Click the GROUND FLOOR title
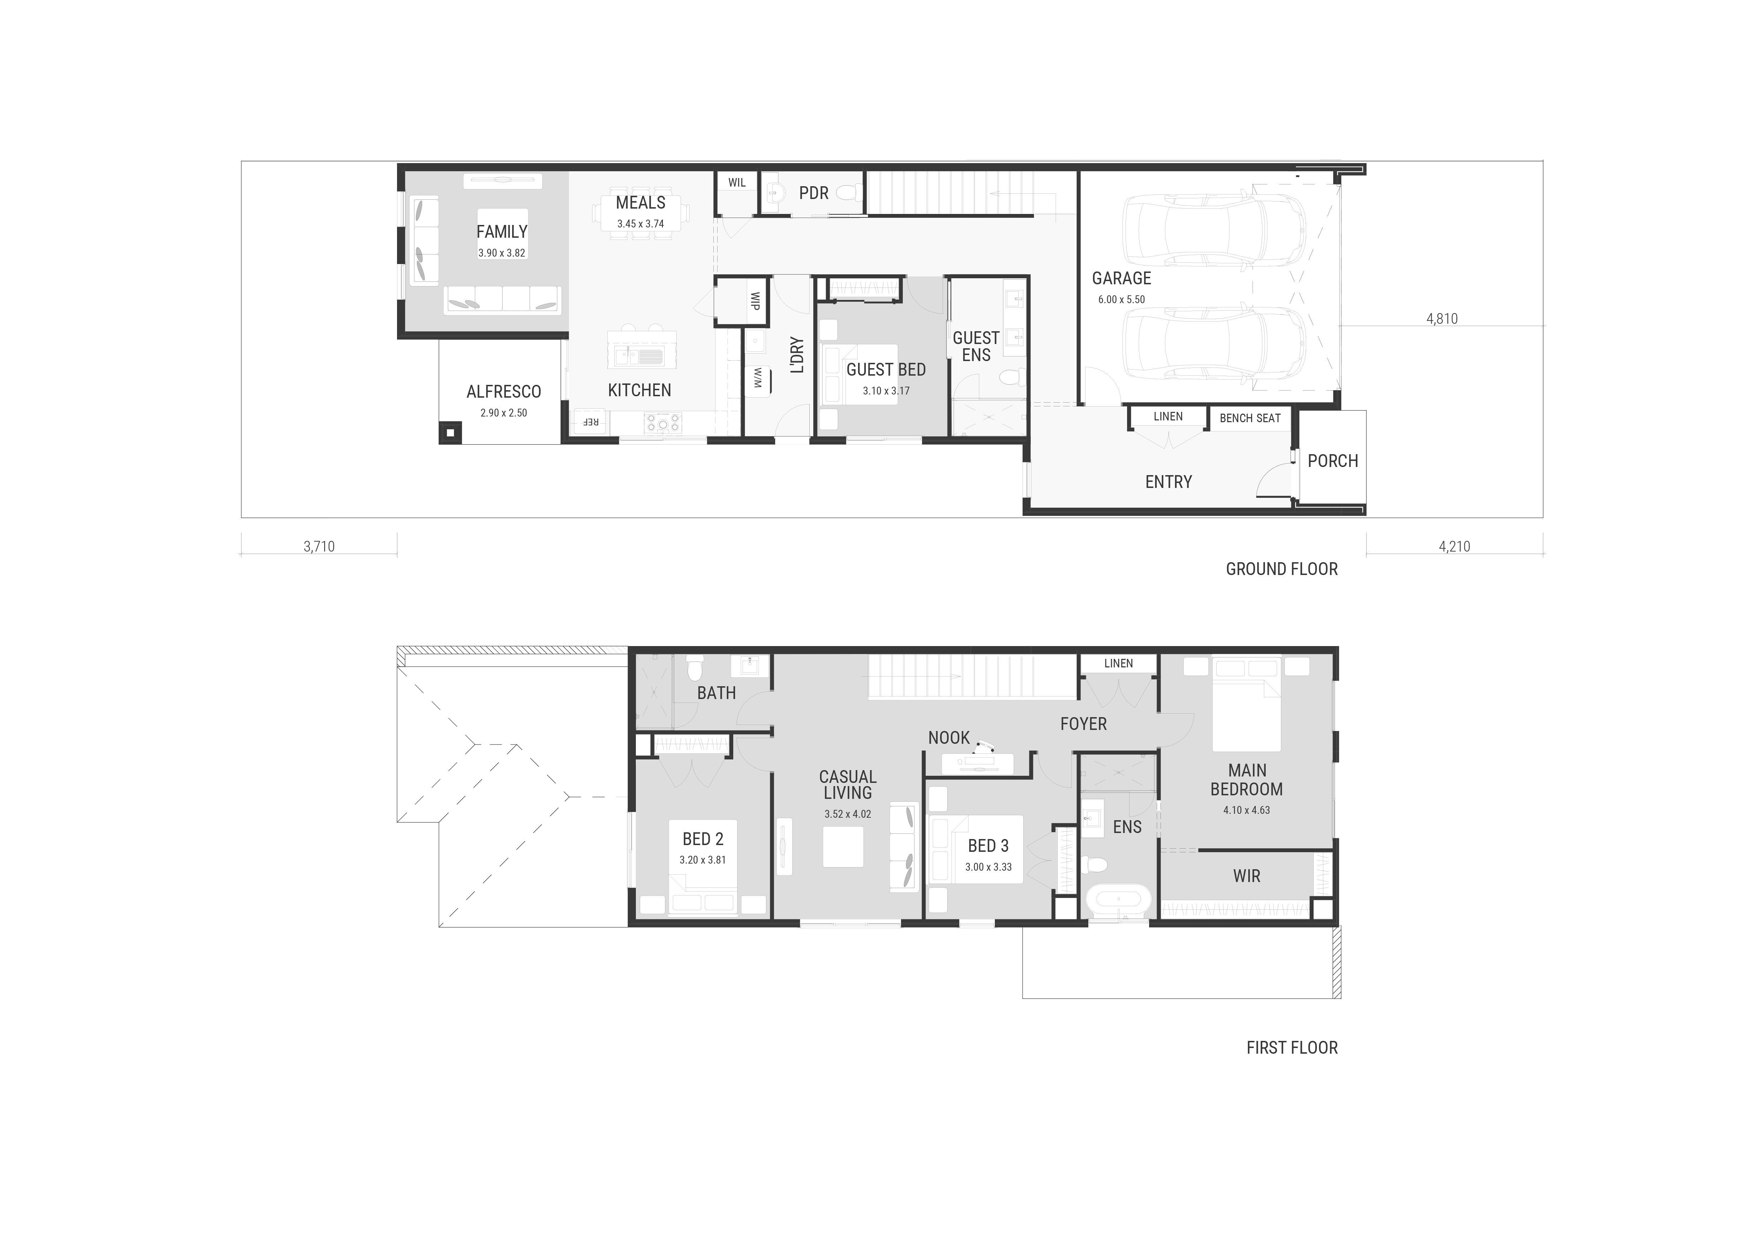pos(1282,569)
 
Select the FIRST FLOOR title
pos(1292,1048)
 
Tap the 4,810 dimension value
pos(1442,319)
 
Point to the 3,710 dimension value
pos(319,546)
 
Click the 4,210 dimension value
pos(1454,546)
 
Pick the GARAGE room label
pos(1122,278)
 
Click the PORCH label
pos(1333,461)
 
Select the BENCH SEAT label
pos(1250,418)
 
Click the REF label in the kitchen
pos(590,422)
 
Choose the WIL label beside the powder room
pos(737,183)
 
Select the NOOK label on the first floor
pos(949,738)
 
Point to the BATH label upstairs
pos(716,693)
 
